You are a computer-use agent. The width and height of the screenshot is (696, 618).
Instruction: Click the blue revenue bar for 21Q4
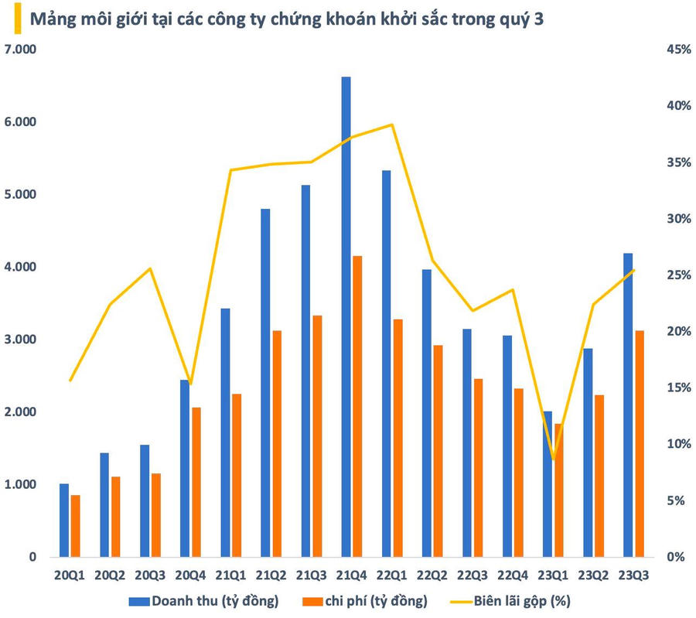346,317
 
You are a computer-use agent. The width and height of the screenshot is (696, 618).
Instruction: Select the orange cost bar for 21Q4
357,406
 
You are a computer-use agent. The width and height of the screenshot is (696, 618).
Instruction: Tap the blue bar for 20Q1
64,520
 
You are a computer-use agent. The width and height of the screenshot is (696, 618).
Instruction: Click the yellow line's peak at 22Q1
392,125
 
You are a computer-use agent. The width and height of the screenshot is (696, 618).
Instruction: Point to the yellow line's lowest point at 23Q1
553,460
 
